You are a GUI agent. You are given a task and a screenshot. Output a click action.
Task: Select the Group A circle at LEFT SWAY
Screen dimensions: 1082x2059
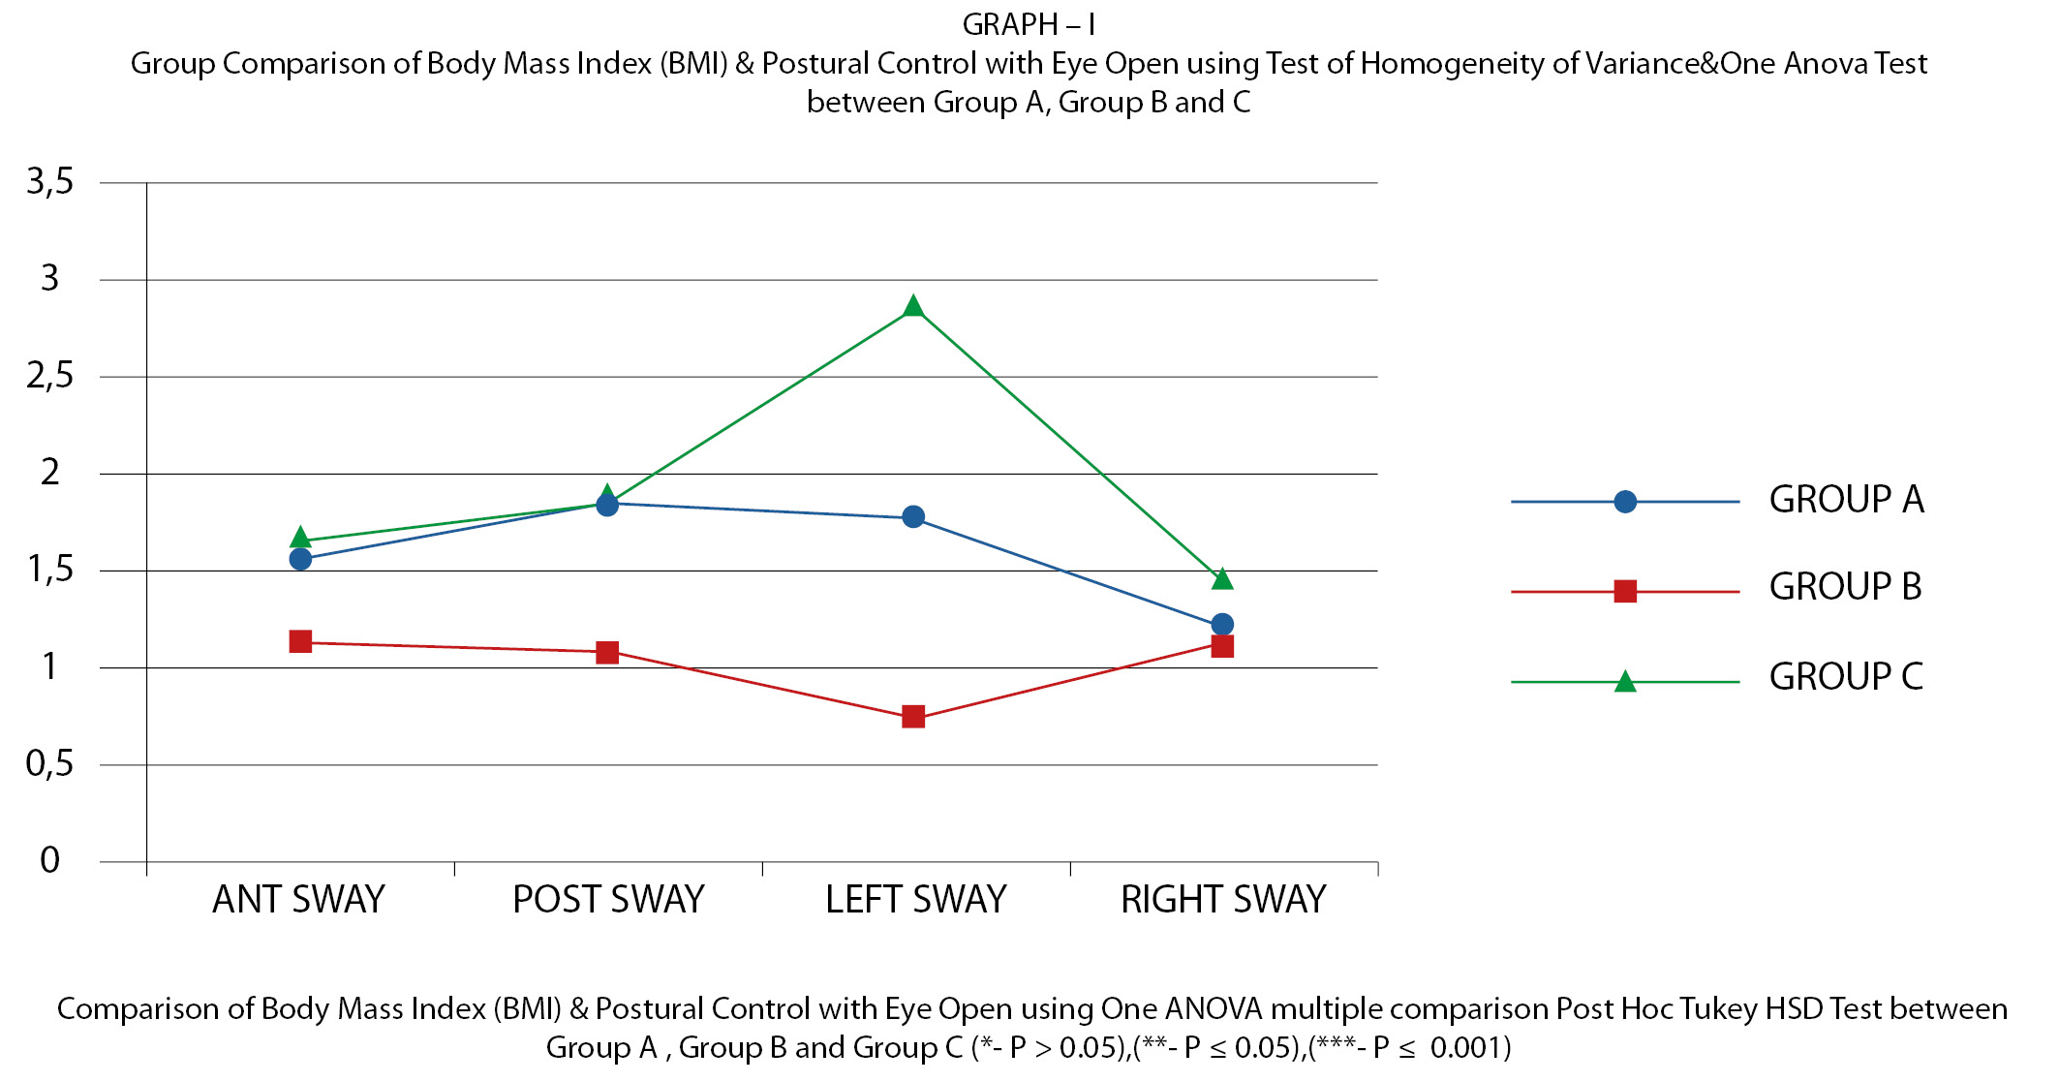912,516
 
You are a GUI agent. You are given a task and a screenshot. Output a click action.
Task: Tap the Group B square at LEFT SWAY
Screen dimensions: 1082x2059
912,717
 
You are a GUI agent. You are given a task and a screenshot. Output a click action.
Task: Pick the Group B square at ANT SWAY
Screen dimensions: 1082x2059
300,641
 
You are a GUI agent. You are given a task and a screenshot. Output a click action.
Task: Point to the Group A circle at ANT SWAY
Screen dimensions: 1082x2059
300,559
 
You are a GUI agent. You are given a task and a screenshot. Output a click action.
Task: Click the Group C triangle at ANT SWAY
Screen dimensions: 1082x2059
300,538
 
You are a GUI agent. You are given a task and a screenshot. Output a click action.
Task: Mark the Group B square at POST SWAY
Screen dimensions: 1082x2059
607,652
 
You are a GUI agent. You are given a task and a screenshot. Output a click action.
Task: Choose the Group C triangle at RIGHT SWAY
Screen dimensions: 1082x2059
1222,579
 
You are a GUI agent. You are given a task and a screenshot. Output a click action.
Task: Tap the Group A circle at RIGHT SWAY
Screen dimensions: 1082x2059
1222,624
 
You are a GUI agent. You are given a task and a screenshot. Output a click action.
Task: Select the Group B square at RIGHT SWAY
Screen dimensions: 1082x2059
1222,646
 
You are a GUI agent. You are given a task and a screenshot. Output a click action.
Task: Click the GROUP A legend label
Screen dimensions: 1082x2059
1846,500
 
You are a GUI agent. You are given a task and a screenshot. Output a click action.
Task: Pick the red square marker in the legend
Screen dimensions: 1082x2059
1625,591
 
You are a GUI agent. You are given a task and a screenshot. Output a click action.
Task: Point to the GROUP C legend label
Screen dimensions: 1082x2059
1846,676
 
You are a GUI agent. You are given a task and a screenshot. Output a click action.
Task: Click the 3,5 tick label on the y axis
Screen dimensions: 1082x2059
50,181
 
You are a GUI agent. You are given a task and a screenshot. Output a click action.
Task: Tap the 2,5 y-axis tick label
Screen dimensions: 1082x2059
50,376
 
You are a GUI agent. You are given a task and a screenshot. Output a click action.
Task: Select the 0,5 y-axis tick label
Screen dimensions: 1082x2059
50,764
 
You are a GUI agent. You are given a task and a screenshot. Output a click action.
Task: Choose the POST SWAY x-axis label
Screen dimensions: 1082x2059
608,900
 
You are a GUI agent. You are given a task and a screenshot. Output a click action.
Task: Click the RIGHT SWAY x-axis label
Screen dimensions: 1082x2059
1223,900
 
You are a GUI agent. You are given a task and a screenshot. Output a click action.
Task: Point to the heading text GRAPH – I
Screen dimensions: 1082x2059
1029,24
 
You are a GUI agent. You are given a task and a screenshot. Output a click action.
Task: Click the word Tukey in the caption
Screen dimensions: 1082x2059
1720,1008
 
